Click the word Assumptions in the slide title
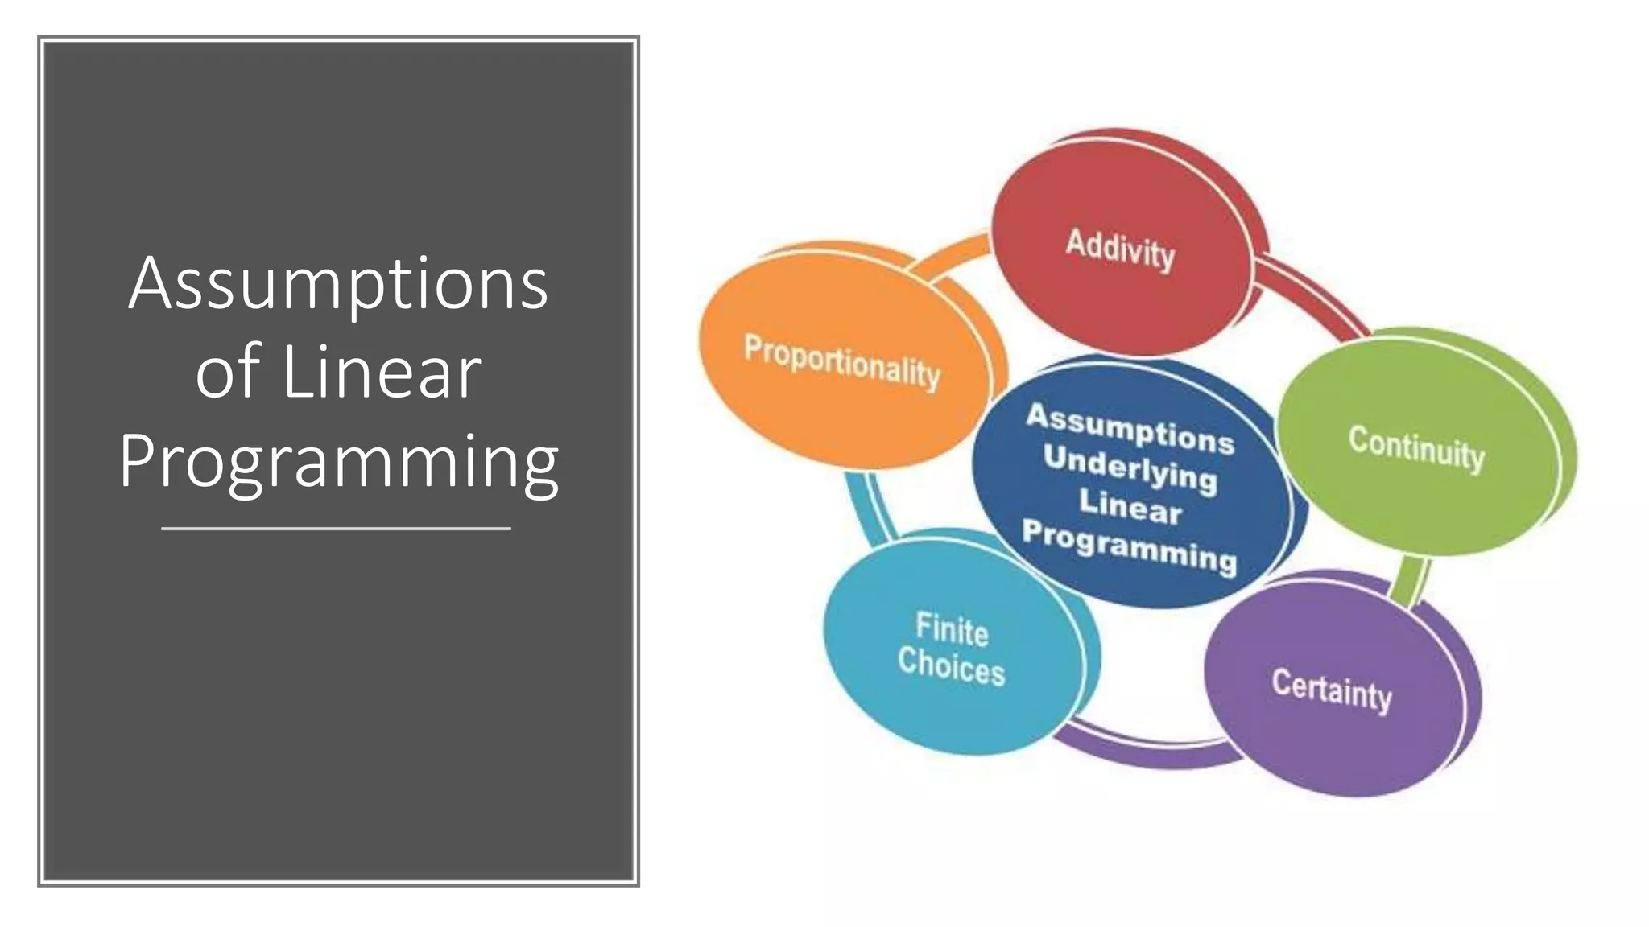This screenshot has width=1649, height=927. [x=338, y=284]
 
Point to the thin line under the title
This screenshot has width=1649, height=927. [x=336, y=529]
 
